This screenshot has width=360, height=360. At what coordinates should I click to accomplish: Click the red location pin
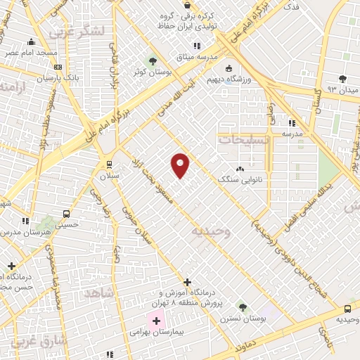pos(181,165)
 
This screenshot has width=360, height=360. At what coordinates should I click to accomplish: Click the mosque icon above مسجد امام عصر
pos(32,42)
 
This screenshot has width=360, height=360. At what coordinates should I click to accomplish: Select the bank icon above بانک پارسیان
pos(58,67)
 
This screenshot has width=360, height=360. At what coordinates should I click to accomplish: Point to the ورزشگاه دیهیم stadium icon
pos(229,68)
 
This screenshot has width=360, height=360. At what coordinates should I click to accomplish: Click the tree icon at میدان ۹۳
pos(342,78)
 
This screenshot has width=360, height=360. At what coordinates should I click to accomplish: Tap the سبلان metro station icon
pos(109,163)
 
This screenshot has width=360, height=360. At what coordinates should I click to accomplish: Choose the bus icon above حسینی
pos(66,214)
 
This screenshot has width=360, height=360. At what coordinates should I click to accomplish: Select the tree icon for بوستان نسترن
pos(243,307)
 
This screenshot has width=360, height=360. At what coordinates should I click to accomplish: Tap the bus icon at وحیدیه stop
pos(347,309)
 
